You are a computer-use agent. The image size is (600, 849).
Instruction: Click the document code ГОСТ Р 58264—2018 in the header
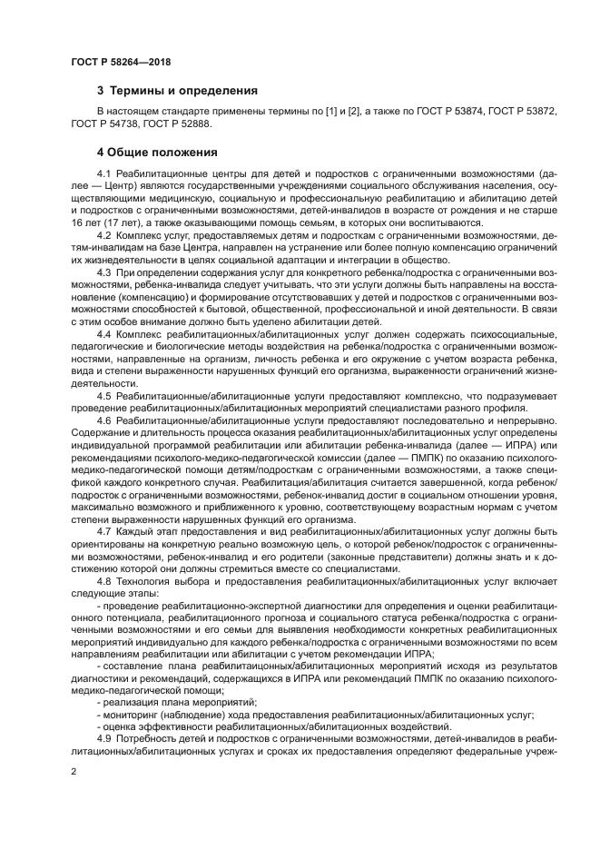pos(121,62)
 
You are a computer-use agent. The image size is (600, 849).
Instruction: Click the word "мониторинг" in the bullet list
pos(132,715)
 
